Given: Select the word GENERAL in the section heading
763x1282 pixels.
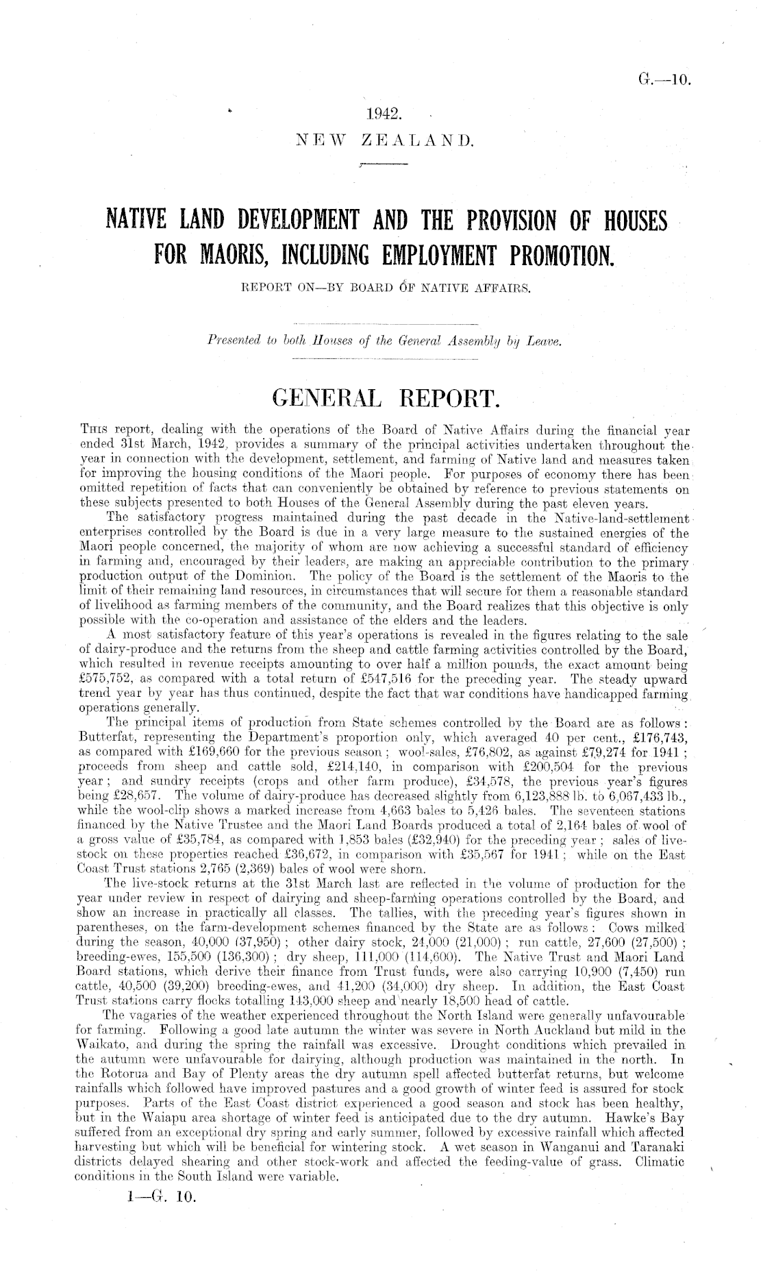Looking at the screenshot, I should click(329, 397).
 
